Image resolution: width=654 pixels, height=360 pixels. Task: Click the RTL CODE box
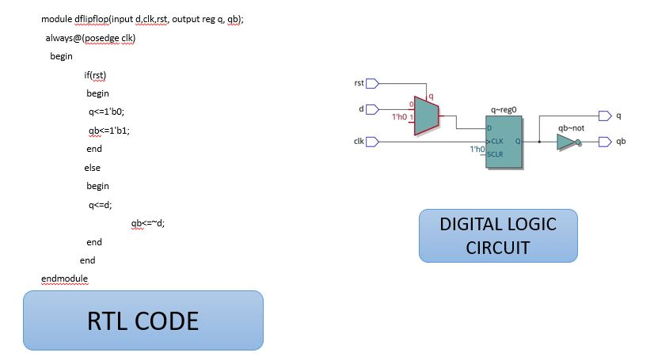pyautogui.click(x=143, y=320)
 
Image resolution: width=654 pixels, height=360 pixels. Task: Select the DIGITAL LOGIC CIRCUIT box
pyautogui.click(x=498, y=235)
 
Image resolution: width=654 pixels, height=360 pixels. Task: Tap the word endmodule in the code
pyautogui.click(x=64, y=279)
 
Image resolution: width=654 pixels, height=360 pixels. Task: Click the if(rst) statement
pyautogui.click(x=95, y=75)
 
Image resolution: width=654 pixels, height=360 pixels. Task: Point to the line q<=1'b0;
pyautogui.click(x=107, y=112)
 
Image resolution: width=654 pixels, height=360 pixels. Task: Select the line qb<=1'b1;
pyautogui.click(x=108, y=131)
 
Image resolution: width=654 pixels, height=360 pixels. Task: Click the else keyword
pyautogui.click(x=93, y=168)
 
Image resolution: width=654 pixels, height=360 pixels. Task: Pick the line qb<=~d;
pyautogui.click(x=148, y=223)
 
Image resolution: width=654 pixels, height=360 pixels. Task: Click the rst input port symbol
pyautogui.click(x=372, y=83)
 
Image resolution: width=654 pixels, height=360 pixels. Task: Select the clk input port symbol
pyautogui.click(x=372, y=142)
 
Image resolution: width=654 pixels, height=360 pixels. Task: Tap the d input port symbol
pyautogui.click(x=372, y=110)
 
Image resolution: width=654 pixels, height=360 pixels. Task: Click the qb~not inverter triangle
pyautogui.click(x=568, y=142)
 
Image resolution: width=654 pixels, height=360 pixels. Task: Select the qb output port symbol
pyautogui.click(x=604, y=142)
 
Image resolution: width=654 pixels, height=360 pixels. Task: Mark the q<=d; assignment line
pyautogui.click(x=101, y=205)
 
